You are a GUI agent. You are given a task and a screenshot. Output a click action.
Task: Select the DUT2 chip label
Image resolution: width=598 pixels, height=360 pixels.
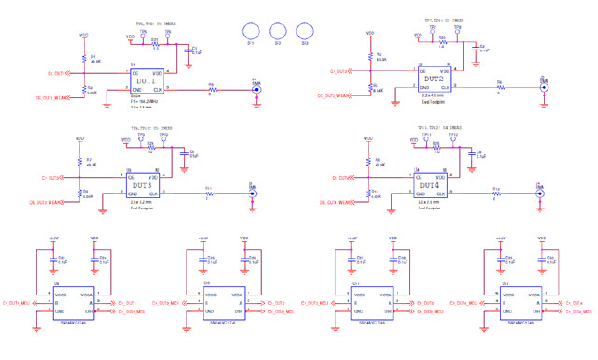(433, 79)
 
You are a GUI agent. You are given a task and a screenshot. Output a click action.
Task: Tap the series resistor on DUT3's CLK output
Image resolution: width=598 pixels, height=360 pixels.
(208, 194)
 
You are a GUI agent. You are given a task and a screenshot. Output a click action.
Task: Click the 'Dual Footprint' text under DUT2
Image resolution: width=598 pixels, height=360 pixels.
(432, 99)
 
